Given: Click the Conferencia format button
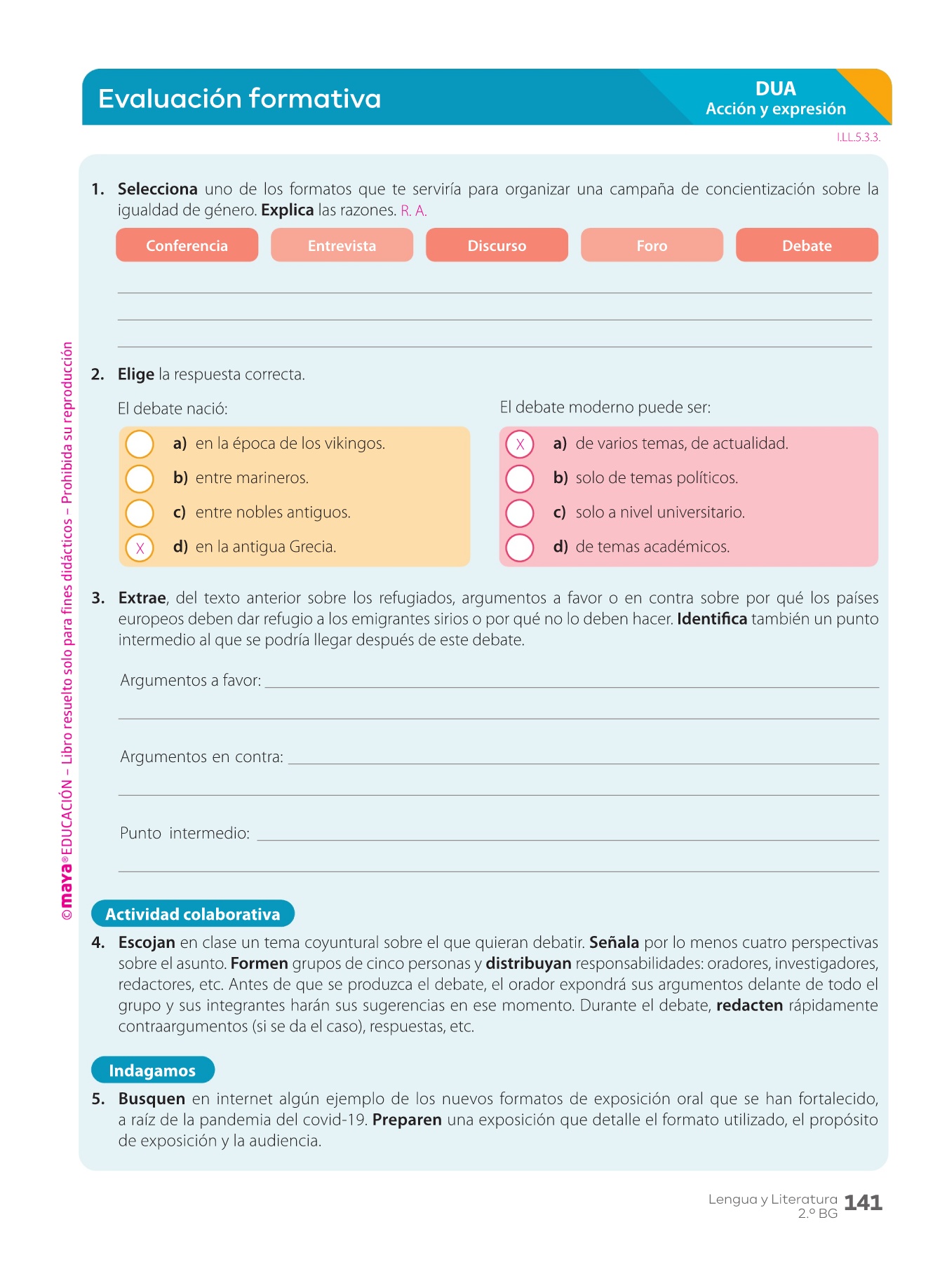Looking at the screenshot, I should click(187, 245).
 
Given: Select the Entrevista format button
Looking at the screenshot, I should click(342, 245).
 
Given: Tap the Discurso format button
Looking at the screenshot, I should click(497, 245).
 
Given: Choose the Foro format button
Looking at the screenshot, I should click(652, 245).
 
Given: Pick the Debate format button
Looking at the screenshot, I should click(807, 245).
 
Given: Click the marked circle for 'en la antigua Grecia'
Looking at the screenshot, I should click(140, 548).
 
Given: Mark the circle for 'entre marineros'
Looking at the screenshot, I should click(140, 478).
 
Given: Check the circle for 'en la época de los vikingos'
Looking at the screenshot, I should click(140, 444).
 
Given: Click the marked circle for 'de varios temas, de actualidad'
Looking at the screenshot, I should click(520, 444).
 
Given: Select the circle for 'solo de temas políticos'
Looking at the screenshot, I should click(520, 478).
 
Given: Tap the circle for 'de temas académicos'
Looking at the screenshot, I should click(520, 548).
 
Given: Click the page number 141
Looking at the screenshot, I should click(863, 1203).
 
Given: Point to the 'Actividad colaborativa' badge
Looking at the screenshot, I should click(193, 914).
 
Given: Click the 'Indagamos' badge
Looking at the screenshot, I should click(152, 1070).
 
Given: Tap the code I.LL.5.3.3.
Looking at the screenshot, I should click(858, 137).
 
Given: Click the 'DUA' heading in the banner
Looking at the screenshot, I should click(775, 89).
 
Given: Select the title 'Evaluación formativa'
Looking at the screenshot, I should click(239, 99).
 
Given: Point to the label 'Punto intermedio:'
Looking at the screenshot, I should click(184, 833).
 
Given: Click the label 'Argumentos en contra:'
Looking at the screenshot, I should click(201, 756).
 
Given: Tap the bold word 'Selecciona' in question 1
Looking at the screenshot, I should click(157, 189).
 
